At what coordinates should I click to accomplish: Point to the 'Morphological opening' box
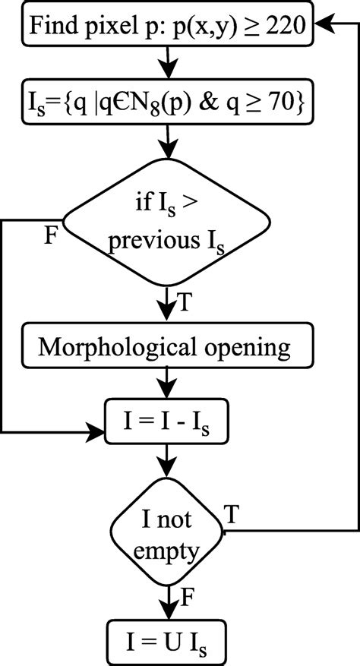point(166,347)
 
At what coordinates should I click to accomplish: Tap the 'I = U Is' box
point(166,639)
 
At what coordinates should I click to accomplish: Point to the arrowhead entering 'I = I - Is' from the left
point(98,433)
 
